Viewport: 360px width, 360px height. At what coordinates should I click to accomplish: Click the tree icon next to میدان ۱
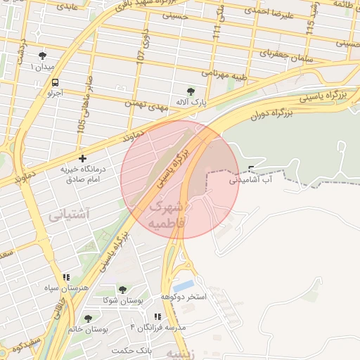44,55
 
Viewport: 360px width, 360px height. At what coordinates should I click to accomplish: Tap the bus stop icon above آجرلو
55,82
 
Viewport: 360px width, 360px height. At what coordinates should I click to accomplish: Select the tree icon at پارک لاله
191,91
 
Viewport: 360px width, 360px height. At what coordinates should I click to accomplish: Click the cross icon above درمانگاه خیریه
83,159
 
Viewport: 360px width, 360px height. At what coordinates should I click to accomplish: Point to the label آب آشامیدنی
248,180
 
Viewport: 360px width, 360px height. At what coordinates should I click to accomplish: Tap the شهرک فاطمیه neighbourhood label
166,214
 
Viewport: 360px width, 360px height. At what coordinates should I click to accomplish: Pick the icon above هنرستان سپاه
66,278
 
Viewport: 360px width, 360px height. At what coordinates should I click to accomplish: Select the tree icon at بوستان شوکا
122,290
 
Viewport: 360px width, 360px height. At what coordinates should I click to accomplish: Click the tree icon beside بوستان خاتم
88,319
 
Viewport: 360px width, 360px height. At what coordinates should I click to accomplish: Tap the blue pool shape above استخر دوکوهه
184,286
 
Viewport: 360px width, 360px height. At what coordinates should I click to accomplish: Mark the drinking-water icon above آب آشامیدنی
252,167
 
